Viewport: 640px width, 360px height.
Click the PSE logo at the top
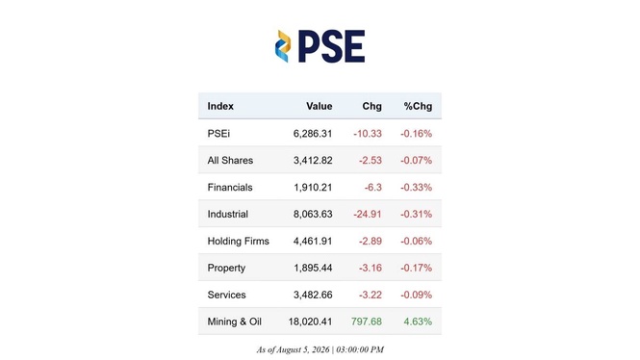click(x=320, y=46)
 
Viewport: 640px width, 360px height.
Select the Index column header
click(x=220, y=106)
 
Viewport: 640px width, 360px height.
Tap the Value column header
click(x=320, y=106)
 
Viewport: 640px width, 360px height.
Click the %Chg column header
click(x=418, y=106)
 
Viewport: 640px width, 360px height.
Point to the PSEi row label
click(x=218, y=134)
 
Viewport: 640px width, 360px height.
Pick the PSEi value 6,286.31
click(x=313, y=134)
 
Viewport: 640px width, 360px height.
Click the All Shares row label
click(x=230, y=161)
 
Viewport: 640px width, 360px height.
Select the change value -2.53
click(x=371, y=161)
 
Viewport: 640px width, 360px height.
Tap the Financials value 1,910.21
click(x=313, y=188)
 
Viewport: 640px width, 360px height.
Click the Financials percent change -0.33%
click(x=417, y=188)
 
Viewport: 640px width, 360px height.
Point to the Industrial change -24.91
click(x=368, y=214)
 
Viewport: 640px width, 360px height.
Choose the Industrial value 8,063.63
click(x=313, y=214)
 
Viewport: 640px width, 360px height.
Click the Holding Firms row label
click(x=239, y=241)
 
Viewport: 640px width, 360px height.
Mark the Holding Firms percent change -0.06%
click(x=417, y=241)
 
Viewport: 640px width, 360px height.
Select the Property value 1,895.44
click(x=313, y=268)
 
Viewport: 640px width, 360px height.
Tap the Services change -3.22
click(x=371, y=295)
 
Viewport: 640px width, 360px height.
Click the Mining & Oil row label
click(x=234, y=321)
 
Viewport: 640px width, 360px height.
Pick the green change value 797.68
click(x=367, y=321)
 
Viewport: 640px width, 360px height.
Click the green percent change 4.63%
click(x=418, y=321)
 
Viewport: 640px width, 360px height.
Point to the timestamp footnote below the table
click(x=320, y=349)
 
